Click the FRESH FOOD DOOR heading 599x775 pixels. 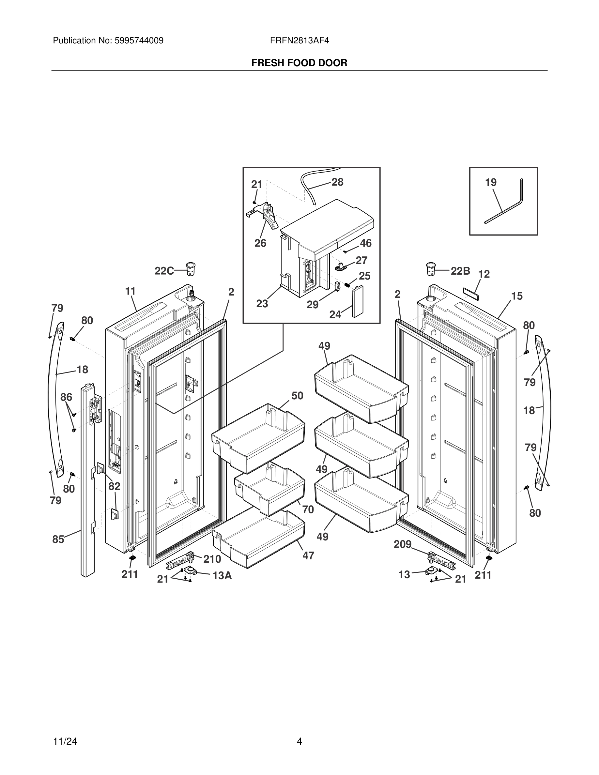[299, 63]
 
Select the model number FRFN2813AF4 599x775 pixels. [299, 41]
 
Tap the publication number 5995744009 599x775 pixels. [139, 41]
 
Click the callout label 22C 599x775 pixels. [164, 271]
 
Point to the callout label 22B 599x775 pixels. [460, 271]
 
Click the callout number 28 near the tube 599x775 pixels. [337, 182]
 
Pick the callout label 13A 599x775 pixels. [222, 576]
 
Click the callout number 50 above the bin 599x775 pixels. [297, 396]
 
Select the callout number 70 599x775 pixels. [308, 509]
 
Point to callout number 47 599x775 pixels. [308, 556]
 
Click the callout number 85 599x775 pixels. [58, 539]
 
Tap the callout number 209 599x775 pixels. [402, 544]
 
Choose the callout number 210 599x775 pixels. [212, 559]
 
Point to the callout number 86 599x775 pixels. [66, 397]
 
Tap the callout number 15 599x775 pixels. [517, 296]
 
